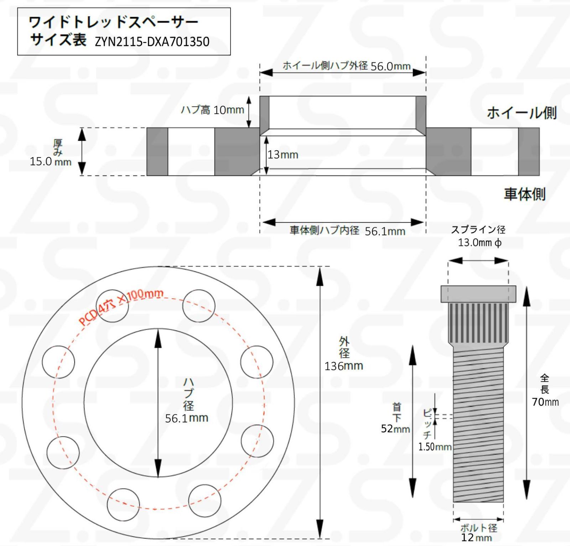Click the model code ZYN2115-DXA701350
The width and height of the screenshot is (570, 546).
tap(152, 42)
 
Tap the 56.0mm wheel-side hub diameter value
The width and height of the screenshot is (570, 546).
tap(390, 66)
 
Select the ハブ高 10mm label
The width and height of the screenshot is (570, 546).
tap(213, 110)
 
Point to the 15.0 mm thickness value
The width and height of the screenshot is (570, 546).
tap(50, 161)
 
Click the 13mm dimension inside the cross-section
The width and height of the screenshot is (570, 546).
tap(283, 155)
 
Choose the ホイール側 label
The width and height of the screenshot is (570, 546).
tap(521, 113)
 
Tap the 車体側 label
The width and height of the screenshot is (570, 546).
tap(524, 194)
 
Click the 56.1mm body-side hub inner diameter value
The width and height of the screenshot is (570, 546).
tap(385, 231)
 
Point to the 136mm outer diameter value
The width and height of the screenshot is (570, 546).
tap(343, 366)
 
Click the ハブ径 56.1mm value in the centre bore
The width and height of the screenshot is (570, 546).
tap(186, 418)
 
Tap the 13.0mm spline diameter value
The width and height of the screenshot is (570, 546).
tap(479, 243)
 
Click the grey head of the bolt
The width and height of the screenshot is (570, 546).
tap(478, 294)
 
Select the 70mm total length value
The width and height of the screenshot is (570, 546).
tap(545, 402)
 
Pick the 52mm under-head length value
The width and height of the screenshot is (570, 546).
tap(395, 428)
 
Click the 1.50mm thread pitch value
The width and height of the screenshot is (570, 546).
tap(435, 447)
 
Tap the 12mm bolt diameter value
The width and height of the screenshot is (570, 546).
tap(476, 537)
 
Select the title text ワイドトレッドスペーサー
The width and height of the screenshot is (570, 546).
tap(113, 22)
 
